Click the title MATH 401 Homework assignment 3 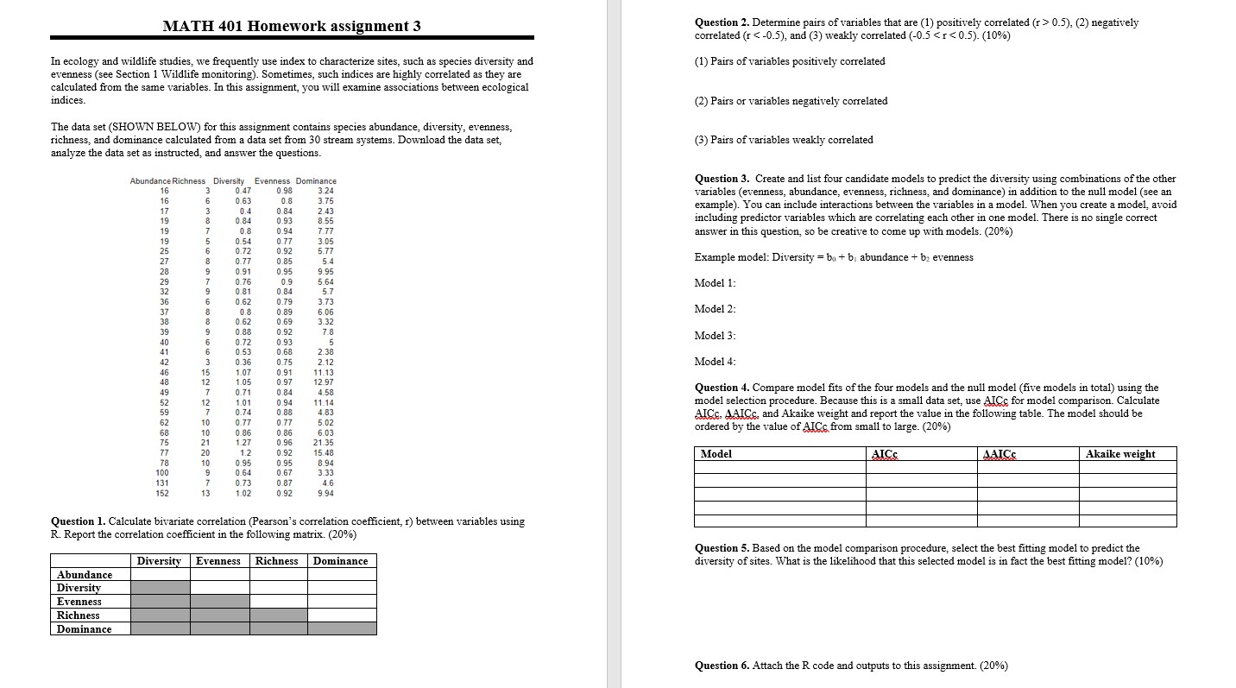click(292, 25)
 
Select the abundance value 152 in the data click(162, 493)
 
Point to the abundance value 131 click(162, 483)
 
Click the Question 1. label click(79, 521)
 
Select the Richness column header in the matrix click(276, 561)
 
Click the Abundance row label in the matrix click(85, 575)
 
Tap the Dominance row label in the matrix click(85, 629)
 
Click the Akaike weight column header click(1120, 454)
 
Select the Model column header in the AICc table click(716, 454)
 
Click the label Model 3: click(715, 335)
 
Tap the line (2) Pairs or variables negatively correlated click(791, 101)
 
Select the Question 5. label click(722, 548)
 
